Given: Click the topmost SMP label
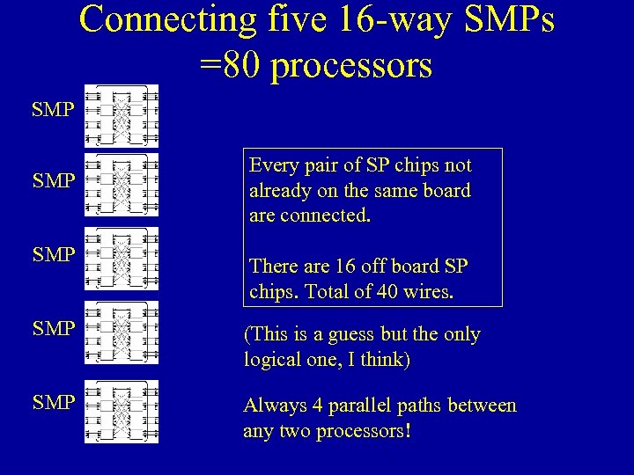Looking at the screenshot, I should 54,112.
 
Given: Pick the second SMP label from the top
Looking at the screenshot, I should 54,182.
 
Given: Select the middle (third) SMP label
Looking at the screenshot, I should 54,255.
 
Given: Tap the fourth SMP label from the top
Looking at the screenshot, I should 54,329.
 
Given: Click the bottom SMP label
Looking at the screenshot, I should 54,403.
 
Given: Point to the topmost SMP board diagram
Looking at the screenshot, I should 122,115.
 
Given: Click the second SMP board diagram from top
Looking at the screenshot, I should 122,185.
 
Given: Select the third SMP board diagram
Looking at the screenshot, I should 122,259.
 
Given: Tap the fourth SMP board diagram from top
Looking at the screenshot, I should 122,332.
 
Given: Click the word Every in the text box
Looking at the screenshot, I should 275,165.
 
